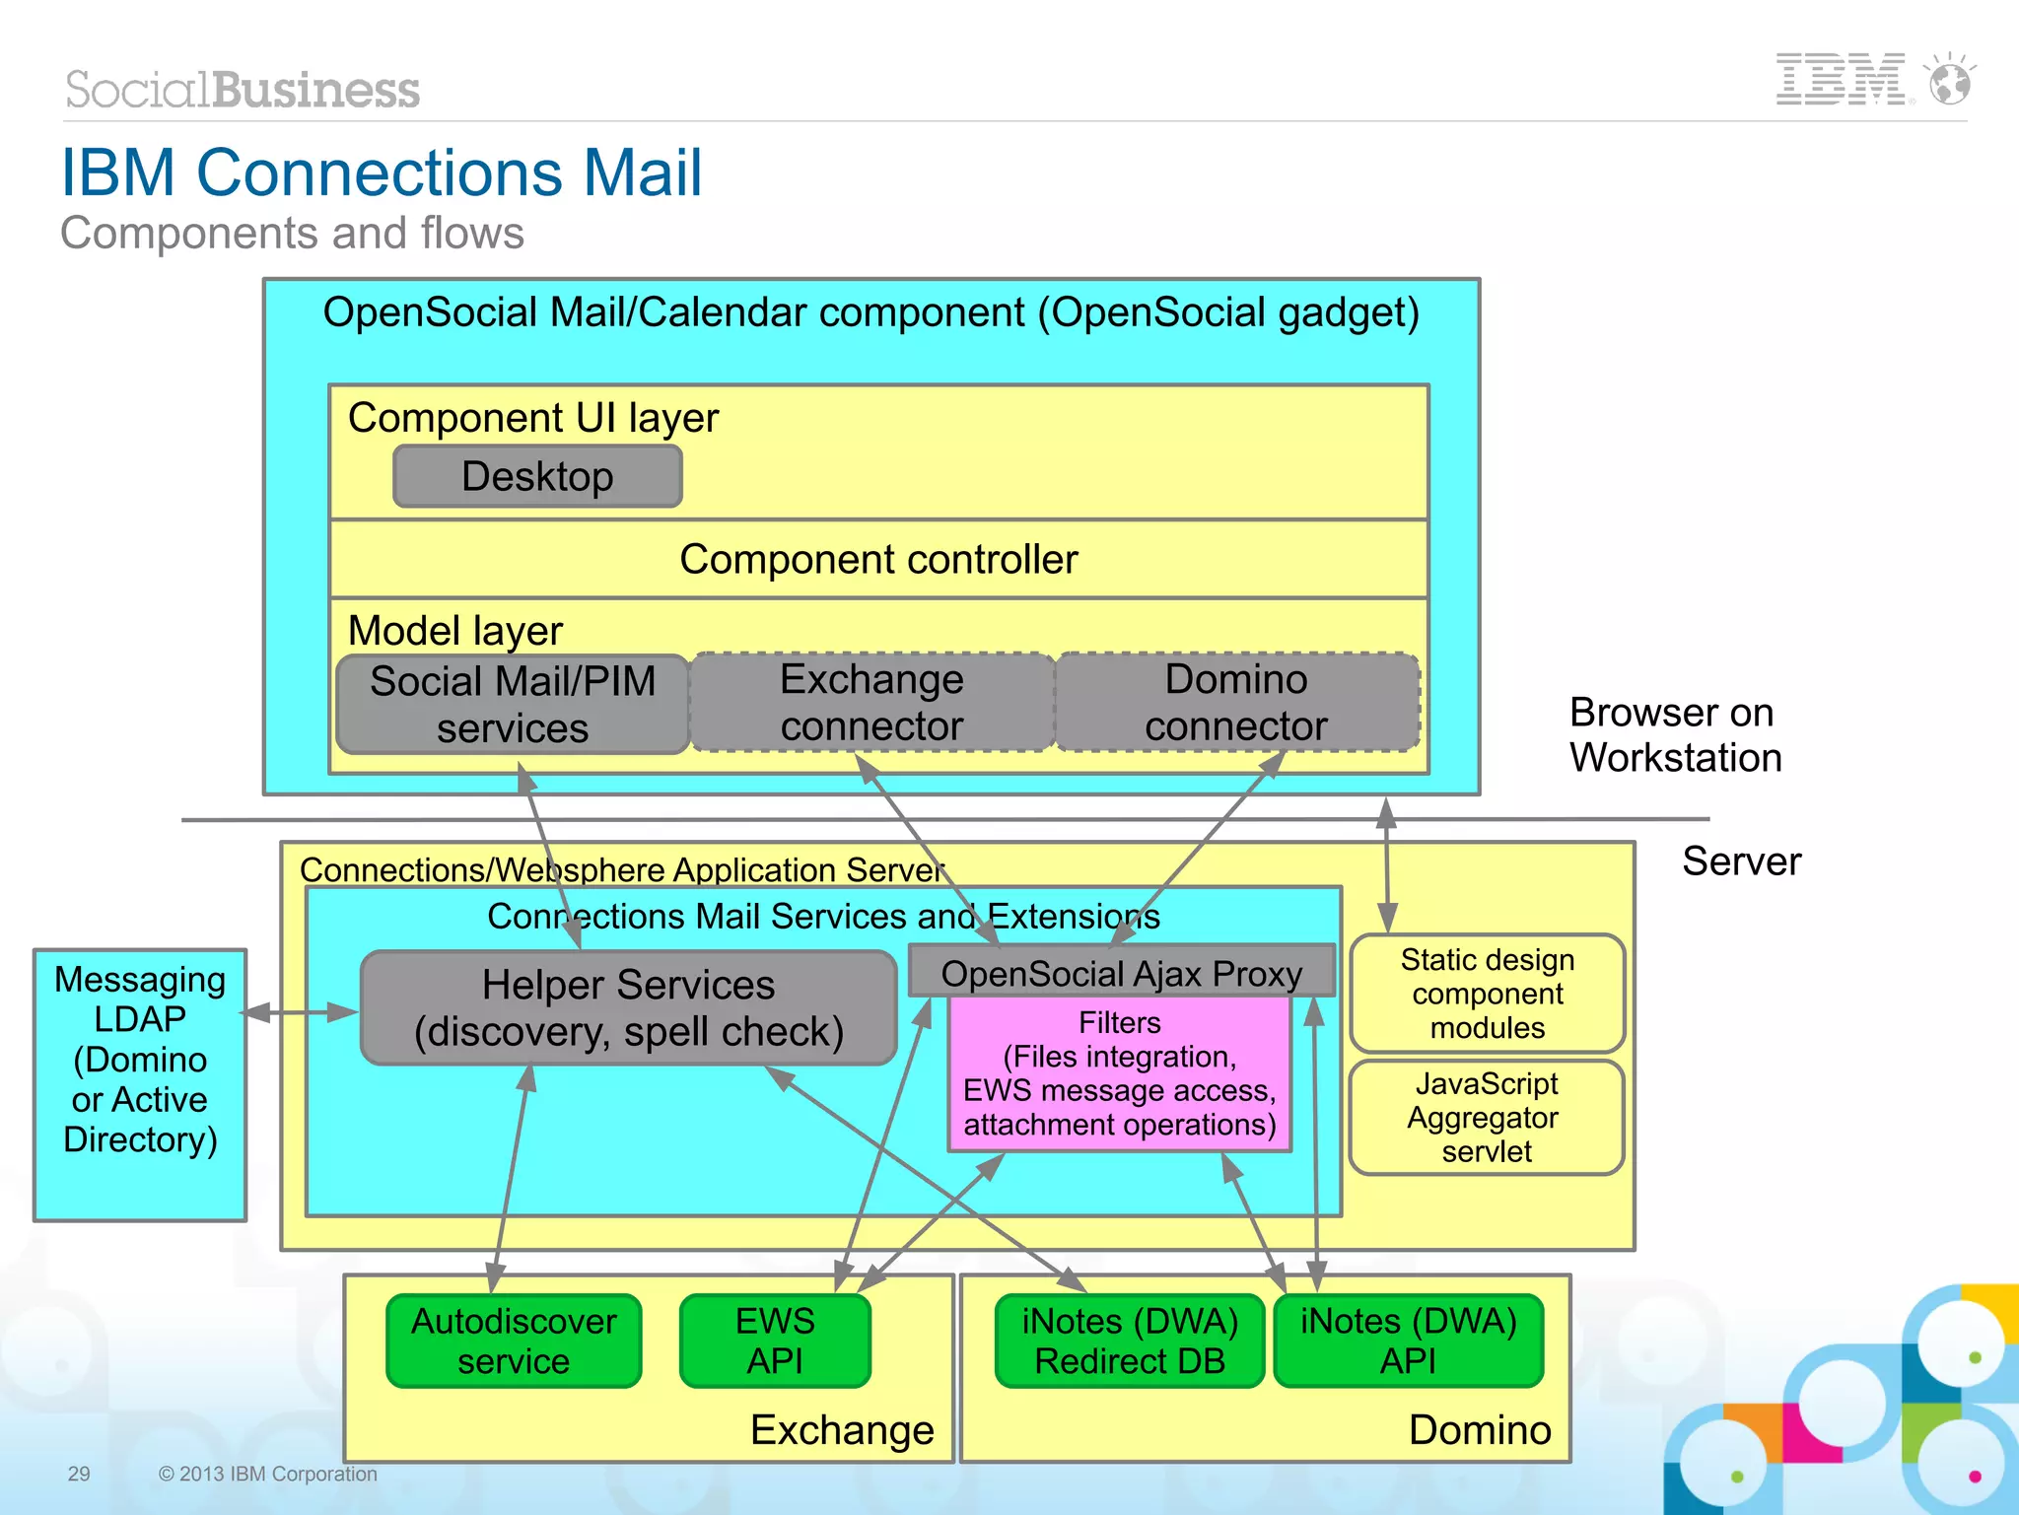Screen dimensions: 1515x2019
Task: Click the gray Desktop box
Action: [x=537, y=477]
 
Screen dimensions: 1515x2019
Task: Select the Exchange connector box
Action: [x=871, y=703]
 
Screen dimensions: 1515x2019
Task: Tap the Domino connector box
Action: [x=1236, y=703]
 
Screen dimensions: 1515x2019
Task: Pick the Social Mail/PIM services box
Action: [x=512, y=705]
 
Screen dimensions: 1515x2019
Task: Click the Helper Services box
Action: [x=628, y=1008]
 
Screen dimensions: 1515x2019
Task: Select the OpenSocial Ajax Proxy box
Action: [x=1121, y=973]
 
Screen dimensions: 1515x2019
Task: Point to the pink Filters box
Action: [x=1119, y=1074]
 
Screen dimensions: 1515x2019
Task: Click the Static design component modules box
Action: [x=1487, y=994]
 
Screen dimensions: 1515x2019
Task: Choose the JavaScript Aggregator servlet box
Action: [x=1487, y=1118]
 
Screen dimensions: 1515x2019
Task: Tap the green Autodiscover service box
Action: [x=514, y=1342]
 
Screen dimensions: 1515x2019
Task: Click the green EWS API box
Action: [x=775, y=1342]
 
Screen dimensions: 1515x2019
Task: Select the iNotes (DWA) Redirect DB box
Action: [x=1130, y=1342]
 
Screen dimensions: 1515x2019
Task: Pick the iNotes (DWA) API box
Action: [x=1408, y=1342]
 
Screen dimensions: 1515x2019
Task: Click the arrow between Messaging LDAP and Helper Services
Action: [x=301, y=1012]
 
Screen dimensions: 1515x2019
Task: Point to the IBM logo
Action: [x=1840, y=80]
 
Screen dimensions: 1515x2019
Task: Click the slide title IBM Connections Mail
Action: [x=382, y=172]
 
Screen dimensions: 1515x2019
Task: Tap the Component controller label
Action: [x=878, y=560]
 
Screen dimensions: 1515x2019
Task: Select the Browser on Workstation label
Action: [x=1675, y=735]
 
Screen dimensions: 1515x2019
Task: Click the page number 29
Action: [x=79, y=1474]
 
